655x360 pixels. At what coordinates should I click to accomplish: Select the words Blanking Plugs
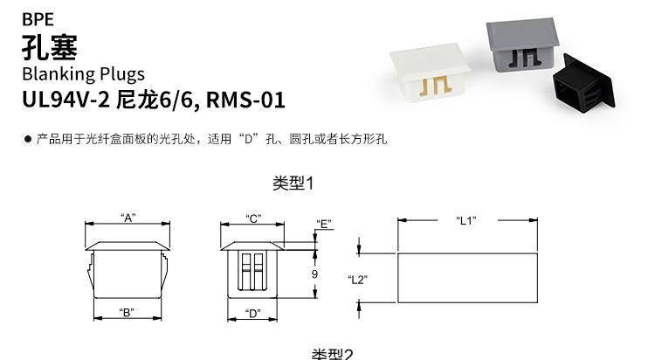coord(83,73)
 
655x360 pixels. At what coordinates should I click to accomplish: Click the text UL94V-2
coord(66,100)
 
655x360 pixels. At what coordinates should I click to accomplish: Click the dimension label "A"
coord(128,218)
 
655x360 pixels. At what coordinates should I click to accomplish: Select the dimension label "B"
coord(127,312)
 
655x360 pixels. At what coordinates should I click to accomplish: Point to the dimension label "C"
coord(253,218)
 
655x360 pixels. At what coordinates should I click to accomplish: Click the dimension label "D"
coord(253,313)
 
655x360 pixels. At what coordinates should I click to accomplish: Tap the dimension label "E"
coord(325,224)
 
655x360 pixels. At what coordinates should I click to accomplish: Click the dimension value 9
coord(314,273)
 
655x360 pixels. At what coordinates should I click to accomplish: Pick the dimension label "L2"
coord(356,280)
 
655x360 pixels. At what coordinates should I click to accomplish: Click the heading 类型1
coord(292,183)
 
